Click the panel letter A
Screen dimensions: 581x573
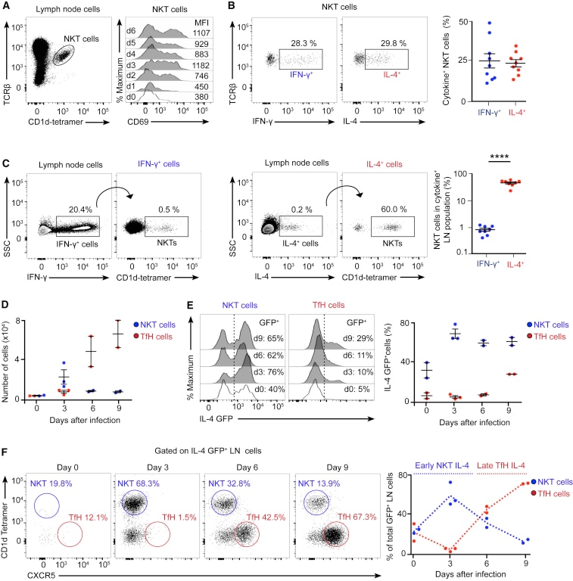6,7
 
